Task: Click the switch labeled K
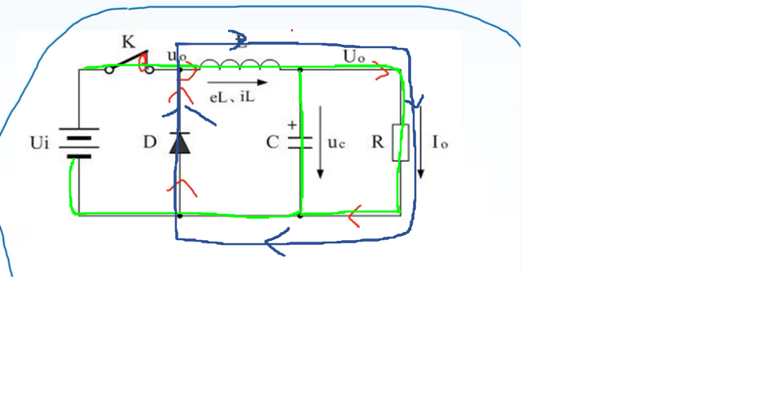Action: pyautogui.click(x=129, y=63)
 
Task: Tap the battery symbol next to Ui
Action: pyautogui.click(x=79, y=143)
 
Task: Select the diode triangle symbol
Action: pyautogui.click(x=179, y=142)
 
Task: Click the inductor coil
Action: pyautogui.click(x=239, y=64)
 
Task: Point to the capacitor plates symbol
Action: pyautogui.click(x=300, y=142)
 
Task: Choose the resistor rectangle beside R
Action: pyautogui.click(x=401, y=142)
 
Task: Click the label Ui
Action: pyautogui.click(x=40, y=143)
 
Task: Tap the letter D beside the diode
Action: pyautogui.click(x=149, y=142)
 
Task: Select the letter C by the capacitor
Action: pyautogui.click(x=272, y=142)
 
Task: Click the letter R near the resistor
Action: pyautogui.click(x=377, y=142)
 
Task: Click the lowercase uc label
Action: pyautogui.click(x=337, y=142)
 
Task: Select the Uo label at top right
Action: pyautogui.click(x=354, y=56)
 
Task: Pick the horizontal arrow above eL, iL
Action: pyautogui.click(x=236, y=82)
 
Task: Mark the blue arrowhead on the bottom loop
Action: pyautogui.click(x=275, y=241)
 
